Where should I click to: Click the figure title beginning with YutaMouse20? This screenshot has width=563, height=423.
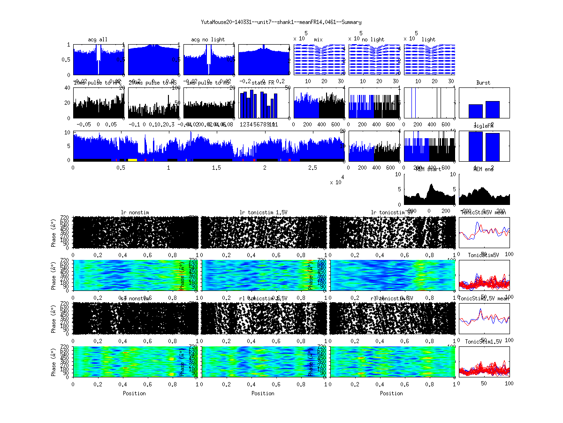pyautogui.click(x=281, y=22)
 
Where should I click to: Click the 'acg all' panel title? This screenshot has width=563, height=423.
pyautogui.click(x=98, y=39)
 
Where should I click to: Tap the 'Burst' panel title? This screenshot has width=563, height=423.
pyautogui.click(x=483, y=83)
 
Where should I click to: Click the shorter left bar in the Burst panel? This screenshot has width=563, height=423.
pyautogui.click(x=476, y=111)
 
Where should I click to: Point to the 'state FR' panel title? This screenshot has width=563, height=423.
pyautogui.click(x=263, y=83)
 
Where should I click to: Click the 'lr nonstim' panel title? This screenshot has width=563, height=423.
pyautogui.click(x=136, y=212)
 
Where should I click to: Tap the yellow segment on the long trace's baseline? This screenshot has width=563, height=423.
pyautogui.click(x=132, y=160)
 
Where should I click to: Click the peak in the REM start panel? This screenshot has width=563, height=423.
pyautogui.click(x=431, y=185)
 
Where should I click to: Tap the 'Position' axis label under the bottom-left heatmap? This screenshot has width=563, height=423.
pyautogui.click(x=134, y=393)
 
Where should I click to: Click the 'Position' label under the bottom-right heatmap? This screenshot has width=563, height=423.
pyautogui.click(x=391, y=393)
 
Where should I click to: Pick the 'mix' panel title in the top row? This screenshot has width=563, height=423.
pyautogui.click(x=319, y=39)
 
